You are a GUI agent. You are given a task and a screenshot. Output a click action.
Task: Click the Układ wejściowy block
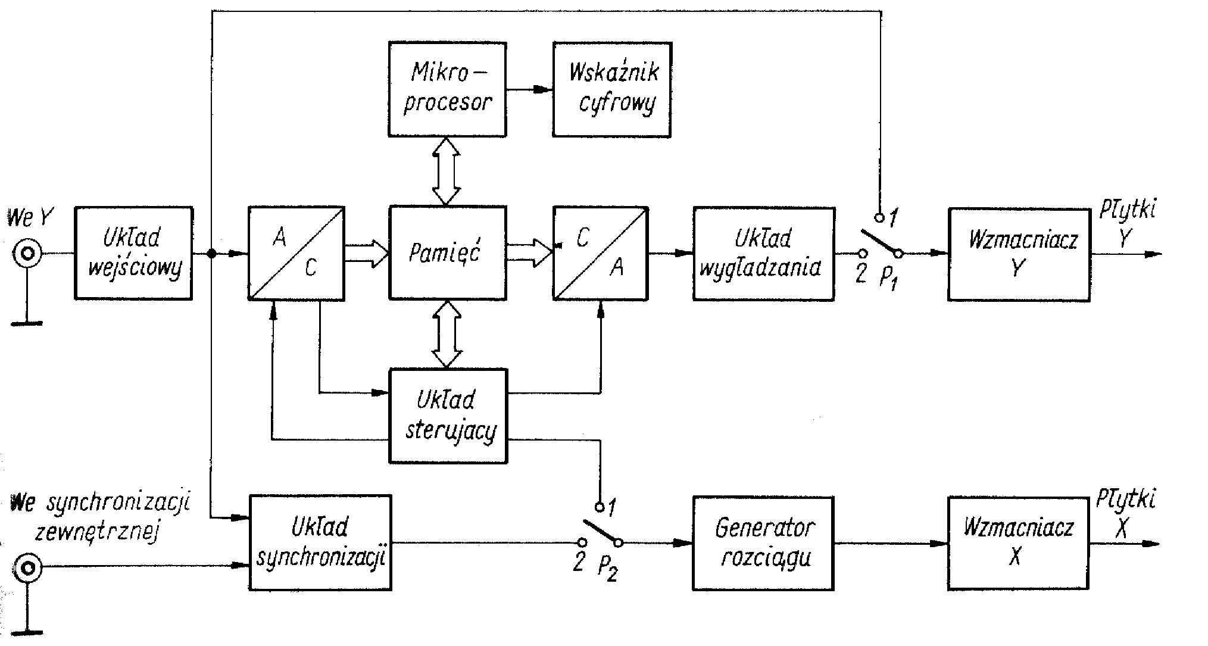(133, 253)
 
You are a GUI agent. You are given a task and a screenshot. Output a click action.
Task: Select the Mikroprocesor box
(447, 89)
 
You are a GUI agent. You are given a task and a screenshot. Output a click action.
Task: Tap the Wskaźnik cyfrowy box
(612, 89)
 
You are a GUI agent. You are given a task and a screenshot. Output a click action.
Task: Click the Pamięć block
(447, 253)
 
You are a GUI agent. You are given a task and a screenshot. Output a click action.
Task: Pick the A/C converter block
(296, 253)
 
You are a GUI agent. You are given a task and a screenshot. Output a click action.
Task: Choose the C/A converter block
(600, 253)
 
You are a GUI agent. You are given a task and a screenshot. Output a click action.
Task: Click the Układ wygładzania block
(763, 253)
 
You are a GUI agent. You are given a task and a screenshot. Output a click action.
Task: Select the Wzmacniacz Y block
(1019, 254)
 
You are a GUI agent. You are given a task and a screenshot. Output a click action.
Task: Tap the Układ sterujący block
(448, 416)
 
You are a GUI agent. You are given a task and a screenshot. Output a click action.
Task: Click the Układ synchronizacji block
(320, 542)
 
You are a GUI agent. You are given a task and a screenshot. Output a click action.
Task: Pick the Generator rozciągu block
(763, 543)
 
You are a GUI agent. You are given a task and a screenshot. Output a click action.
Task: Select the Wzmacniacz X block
(1018, 543)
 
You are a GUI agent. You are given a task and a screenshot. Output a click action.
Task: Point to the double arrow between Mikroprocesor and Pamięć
(447, 171)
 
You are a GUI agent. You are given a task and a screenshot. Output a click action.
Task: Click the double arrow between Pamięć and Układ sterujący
(447, 334)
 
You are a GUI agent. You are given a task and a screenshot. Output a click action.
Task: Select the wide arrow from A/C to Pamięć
(366, 253)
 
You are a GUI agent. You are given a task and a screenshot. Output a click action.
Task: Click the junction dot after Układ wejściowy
(211, 254)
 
